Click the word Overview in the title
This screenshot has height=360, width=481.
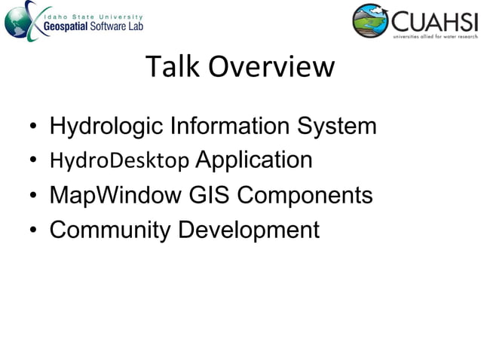point(270,68)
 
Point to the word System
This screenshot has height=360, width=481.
point(336,126)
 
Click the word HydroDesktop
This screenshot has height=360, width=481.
point(119,161)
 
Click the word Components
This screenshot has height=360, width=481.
point(305,196)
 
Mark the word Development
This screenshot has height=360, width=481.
point(249,230)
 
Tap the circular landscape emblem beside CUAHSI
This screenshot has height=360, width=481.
point(370,20)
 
